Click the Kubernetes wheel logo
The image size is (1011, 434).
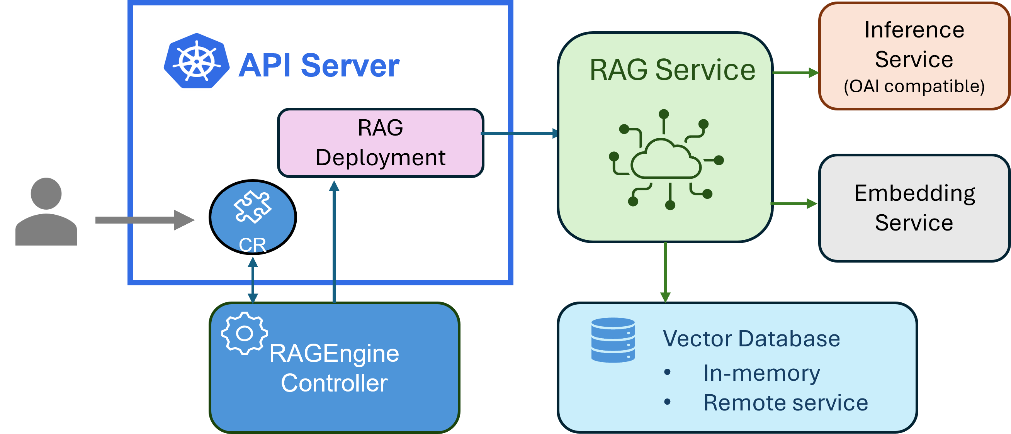(196, 61)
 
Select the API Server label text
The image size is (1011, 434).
(319, 66)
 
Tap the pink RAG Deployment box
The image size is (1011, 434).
(380, 143)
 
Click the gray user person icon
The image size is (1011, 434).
(46, 212)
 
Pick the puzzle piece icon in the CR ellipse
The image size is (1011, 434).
(252, 207)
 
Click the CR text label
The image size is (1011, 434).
(252, 245)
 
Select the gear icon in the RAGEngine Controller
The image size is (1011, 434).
(244, 334)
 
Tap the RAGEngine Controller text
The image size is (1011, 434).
(334, 368)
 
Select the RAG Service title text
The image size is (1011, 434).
(672, 70)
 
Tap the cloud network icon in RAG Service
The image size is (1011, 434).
(666, 160)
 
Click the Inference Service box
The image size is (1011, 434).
(914, 56)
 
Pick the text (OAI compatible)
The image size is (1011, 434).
(914, 86)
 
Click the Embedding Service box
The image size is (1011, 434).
(914, 208)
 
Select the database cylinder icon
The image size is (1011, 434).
(613, 340)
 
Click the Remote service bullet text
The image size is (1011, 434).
(785, 403)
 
